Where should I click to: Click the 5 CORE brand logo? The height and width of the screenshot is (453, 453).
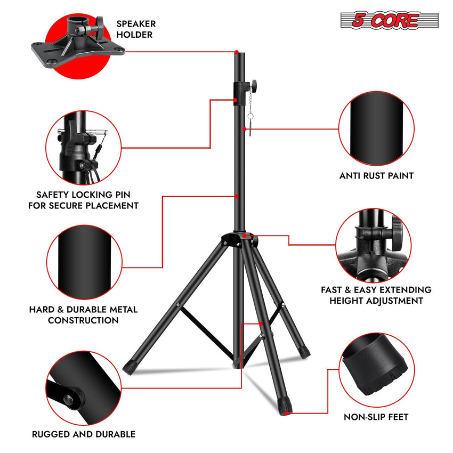(389, 21)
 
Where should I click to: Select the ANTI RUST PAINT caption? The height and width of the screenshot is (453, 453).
(376, 175)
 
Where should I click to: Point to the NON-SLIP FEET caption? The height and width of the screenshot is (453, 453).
(376, 417)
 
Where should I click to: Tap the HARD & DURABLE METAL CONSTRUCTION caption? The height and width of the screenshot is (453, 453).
(83, 315)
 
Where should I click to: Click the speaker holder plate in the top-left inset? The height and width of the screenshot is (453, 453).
(80, 46)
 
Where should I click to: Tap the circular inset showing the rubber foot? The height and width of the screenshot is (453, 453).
(376, 369)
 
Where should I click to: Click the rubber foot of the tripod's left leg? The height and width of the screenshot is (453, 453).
(129, 367)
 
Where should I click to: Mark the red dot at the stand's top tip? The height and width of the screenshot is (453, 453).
(236, 52)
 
